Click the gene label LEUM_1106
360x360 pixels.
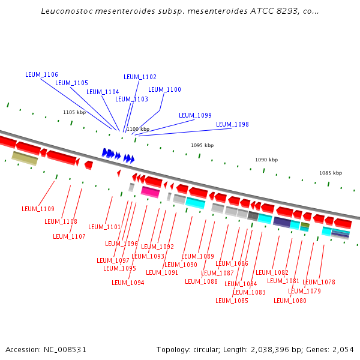coord(41,74)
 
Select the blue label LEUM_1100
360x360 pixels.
coord(164,89)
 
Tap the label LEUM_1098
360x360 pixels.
coord(232,124)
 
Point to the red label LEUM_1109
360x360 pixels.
coord(38,209)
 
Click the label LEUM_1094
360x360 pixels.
coord(128,283)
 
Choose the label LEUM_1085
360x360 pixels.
coord(232,301)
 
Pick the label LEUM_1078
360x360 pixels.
coord(319,282)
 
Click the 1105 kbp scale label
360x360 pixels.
coord(74,112)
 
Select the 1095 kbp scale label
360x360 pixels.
coord(202,145)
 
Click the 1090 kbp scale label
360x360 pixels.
coord(266,160)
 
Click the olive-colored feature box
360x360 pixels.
coord(25,158)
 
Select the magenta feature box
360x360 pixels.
coord(150,192)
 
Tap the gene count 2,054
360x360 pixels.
coord(343,349)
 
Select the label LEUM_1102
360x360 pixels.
coord(140,77)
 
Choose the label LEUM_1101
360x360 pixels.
coord(104,227)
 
